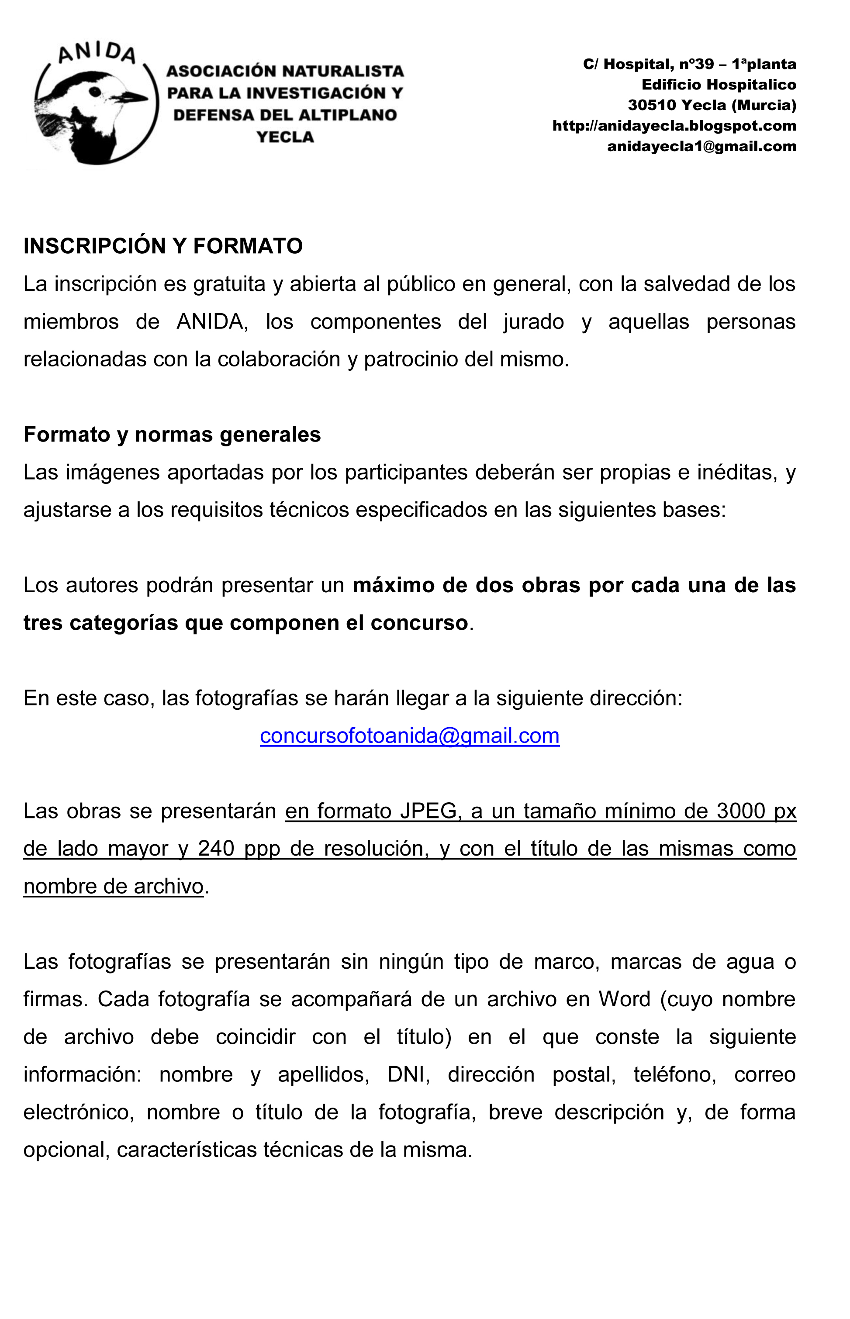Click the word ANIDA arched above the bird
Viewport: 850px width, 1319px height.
97,54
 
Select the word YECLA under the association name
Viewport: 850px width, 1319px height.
285,137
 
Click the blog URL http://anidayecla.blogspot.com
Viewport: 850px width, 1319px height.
674,126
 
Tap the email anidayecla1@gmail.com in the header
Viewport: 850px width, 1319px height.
701,146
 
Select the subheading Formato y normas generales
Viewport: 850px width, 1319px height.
172,435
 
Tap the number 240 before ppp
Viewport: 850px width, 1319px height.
216,848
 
